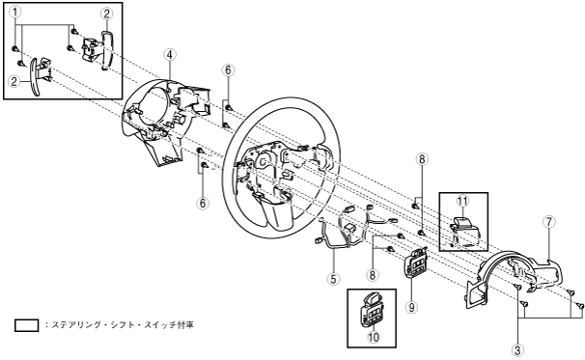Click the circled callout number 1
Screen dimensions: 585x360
15,13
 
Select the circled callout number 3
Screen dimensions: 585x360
517,350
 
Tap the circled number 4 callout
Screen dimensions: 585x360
169,55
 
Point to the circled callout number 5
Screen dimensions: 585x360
333,278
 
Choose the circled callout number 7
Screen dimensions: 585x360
549,222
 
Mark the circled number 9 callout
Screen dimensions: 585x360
412,307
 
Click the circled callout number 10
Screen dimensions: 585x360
374,337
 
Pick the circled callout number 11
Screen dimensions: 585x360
462,202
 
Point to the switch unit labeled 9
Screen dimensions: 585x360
416,263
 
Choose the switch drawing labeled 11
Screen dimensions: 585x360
463,232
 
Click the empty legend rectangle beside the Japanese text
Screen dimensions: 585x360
26,325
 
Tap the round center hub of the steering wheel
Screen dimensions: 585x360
264,161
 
